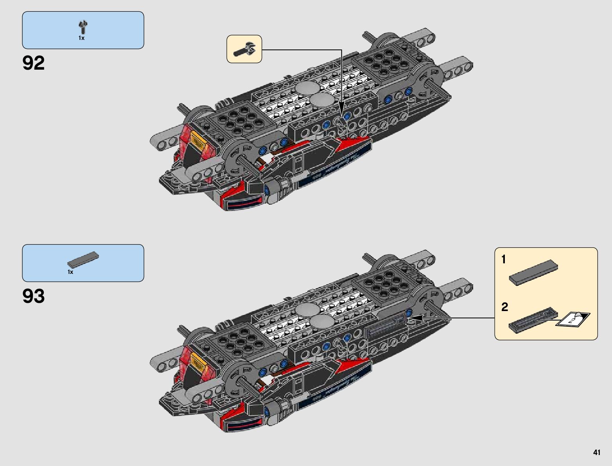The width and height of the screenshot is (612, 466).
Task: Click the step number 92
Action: (x=34, y=63)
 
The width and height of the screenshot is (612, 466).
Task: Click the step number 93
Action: (x=34, y=296)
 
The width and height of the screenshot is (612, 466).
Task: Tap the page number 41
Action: (x=596, y=453)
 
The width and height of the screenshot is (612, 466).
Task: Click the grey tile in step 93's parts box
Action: (x=83, y=259)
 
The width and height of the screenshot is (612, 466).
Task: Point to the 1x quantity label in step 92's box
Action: (x=81, y=38)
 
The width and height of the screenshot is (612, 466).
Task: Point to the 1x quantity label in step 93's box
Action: (x=70, y=272)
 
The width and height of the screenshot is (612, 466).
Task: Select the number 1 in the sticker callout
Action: (x=504, y=260)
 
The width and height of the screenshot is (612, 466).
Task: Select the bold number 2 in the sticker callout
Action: (x=505, y=307)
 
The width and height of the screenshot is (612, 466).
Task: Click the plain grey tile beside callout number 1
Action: (x=533, y=272)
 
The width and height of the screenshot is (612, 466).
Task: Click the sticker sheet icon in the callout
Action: (x=573, y=318)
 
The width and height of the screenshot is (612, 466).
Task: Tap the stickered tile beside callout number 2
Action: (x=532, y=320)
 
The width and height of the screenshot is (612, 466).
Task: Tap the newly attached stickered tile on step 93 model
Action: (x=385, y=326)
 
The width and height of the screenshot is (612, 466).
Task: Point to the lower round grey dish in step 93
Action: (x=322, y=322)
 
